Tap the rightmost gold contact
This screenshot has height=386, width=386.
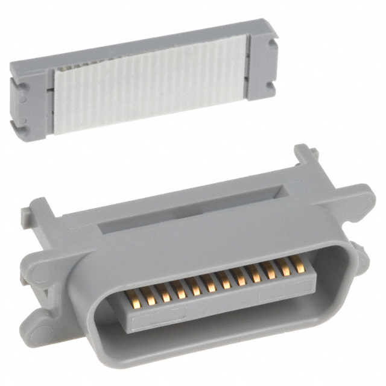click(298, 264)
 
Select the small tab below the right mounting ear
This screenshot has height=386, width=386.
click(361, 256)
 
